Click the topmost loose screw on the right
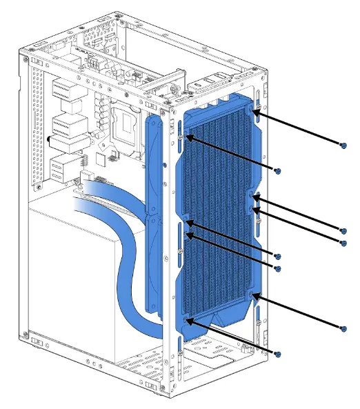click(343, 145)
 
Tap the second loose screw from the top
click(278, 170)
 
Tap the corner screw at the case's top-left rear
click(26, 60)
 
